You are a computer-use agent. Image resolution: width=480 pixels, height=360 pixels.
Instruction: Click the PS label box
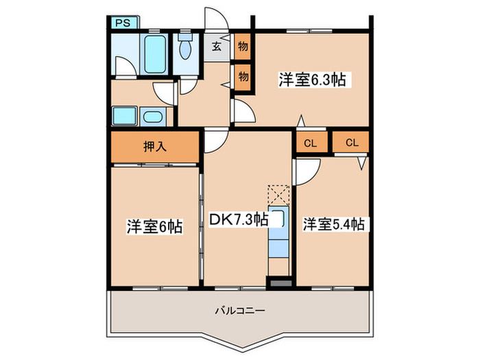124,22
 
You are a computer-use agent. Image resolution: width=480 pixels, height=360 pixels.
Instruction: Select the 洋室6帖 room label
154,226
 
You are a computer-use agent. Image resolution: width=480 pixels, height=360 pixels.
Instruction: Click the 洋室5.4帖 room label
333,224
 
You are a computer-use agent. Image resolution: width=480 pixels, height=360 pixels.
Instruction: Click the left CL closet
310,143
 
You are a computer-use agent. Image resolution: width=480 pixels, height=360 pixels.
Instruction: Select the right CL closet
352,143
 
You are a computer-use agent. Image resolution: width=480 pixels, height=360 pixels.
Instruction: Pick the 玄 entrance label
216,47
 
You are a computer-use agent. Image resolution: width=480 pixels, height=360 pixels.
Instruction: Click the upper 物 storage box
242,47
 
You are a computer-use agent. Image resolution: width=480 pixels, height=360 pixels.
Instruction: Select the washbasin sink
152,116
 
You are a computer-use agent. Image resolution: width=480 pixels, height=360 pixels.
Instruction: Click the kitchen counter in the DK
278,232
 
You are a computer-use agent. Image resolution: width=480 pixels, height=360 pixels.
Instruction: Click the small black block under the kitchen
279,281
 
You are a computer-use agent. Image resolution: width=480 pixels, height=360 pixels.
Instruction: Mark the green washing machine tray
124,116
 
